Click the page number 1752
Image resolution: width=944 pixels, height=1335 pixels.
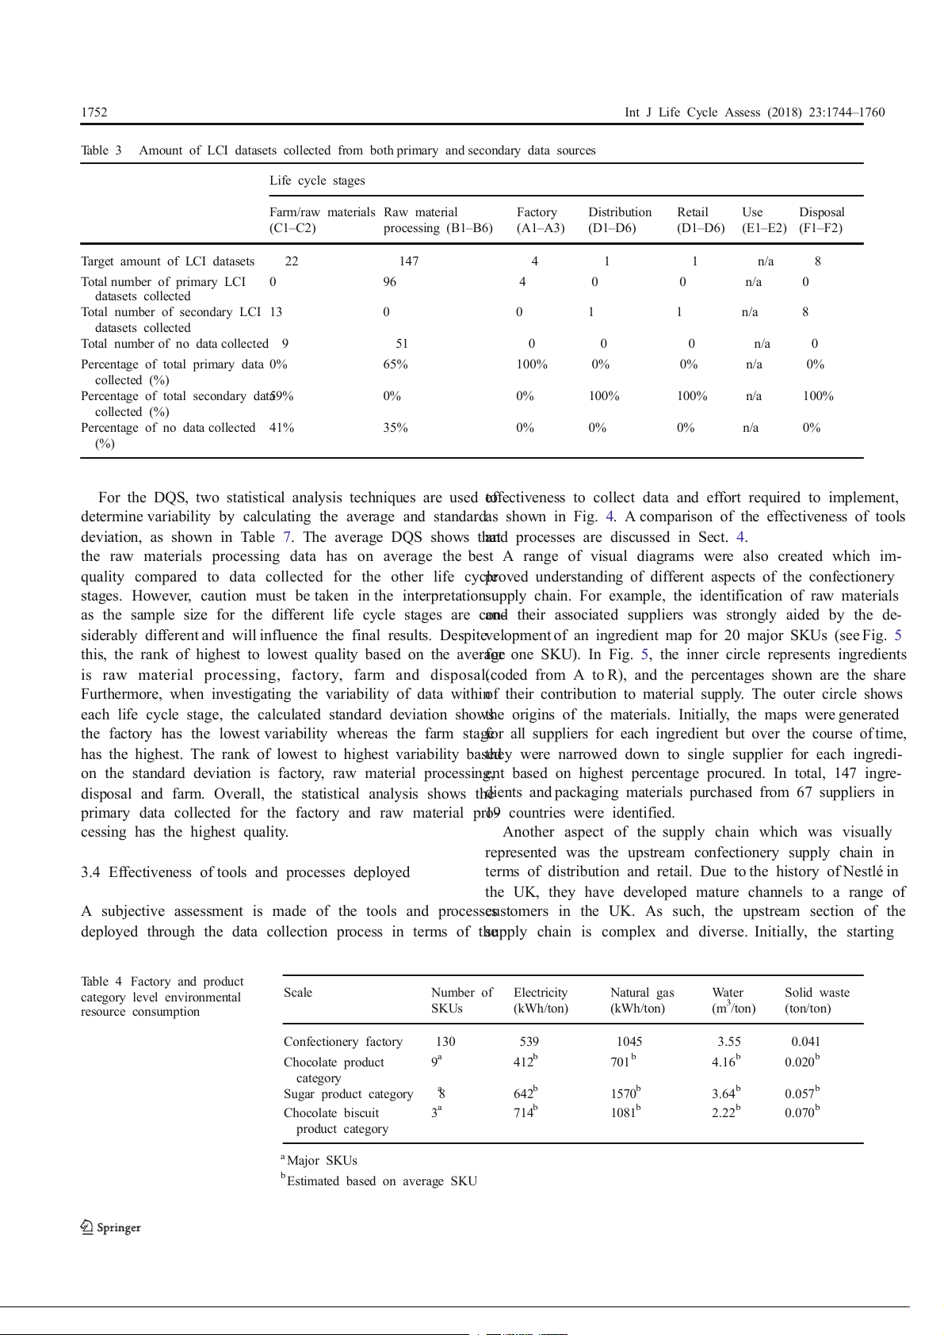(x=94, y=113)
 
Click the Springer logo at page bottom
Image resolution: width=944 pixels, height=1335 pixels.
(x=111, y=1227)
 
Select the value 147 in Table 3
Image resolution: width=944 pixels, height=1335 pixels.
(x=408, y=261)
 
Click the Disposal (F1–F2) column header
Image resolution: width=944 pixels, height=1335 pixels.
(x=821, y=220)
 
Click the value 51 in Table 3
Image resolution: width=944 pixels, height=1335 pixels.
(x=402, y=344)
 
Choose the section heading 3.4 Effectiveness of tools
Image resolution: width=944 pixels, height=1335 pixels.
(x=245, y=872)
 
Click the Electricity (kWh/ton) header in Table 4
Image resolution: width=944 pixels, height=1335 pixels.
(x=541, y=1001)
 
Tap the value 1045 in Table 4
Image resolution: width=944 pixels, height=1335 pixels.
(x=629, y=1042)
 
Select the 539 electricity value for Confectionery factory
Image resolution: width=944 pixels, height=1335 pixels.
(x=529, y=1042)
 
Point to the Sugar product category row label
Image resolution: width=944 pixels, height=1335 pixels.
(x=348, y=1094)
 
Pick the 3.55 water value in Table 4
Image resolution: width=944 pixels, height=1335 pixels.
(x=728, y=1042)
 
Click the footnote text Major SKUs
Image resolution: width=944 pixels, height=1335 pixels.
(x=321, y=1161)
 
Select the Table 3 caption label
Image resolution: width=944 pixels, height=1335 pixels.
(x=101, y=151)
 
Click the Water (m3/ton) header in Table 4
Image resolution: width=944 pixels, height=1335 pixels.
(x=732, y=1001)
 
